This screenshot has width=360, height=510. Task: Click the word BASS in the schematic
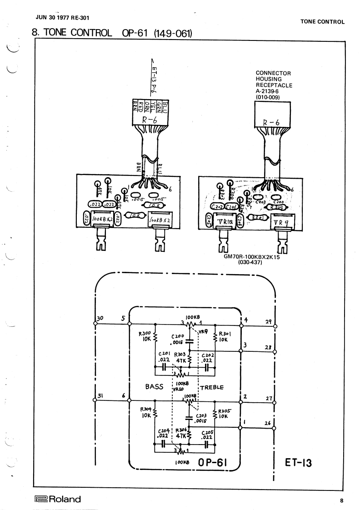click(154, 387)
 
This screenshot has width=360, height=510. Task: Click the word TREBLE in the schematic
click(212, 388)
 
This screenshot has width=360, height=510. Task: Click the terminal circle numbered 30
click(95, 324)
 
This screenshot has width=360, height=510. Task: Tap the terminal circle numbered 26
click(275, 428)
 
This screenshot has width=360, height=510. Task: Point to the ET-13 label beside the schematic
click(298, 462)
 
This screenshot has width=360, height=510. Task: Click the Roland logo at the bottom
click(57, 499)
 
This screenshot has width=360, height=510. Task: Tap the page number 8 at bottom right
click(341, 500)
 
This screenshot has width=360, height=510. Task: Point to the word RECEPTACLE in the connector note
click(274, 85)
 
